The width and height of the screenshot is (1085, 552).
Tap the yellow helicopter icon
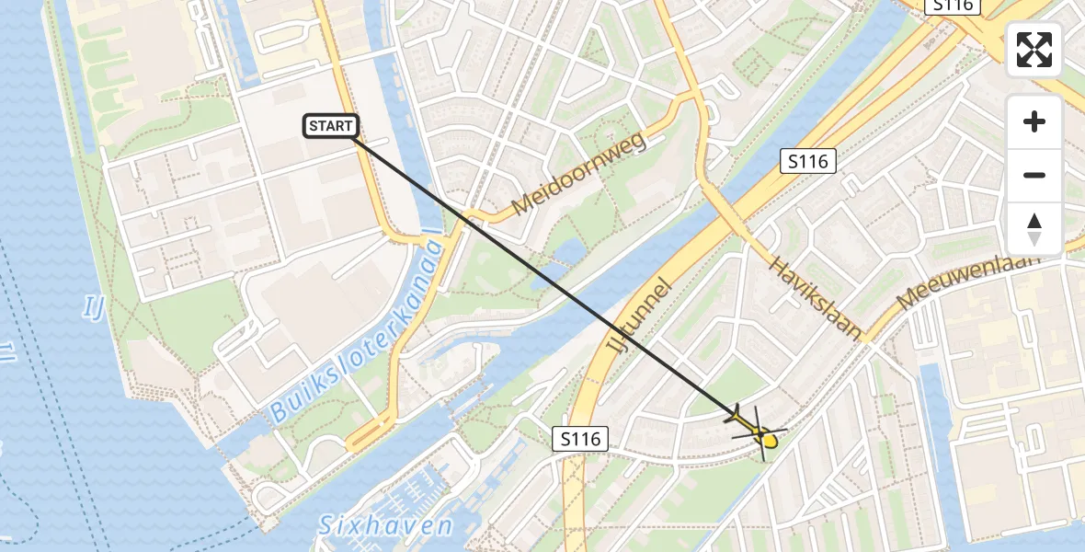tap(757, 431)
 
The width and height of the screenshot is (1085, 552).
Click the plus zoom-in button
tap(1034, 121)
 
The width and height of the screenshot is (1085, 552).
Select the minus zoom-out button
tap(1034, 175)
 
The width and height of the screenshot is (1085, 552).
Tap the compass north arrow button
tap(1034, 228)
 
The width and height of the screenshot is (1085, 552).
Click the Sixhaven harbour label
tap(385, 526)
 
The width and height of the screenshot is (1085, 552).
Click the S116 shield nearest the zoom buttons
tap(806, 162)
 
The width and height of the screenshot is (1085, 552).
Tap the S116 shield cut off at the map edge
tap(954, 6)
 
